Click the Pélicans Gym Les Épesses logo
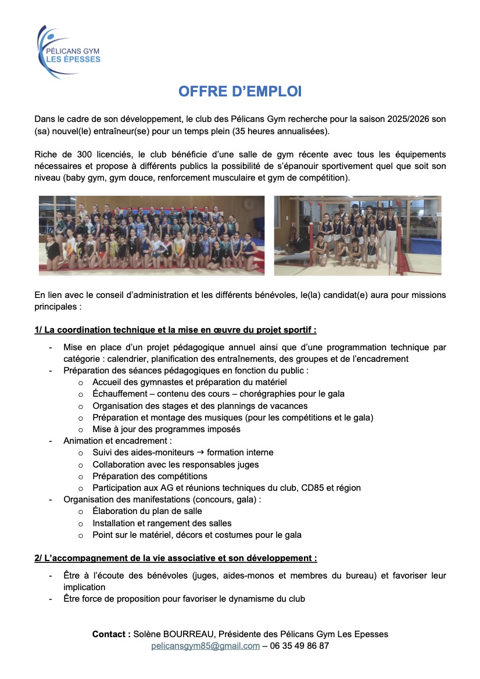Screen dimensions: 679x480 click(68, 52)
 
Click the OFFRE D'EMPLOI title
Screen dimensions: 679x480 click(239, 92)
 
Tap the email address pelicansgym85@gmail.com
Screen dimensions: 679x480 click(205, 646)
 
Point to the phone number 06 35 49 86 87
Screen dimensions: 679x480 click(300, 646)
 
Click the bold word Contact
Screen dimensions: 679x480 click(111, 634)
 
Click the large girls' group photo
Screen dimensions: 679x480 click(151, 235)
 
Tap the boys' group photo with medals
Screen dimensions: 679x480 click(357, 235)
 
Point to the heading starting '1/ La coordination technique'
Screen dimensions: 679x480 click(175, 330)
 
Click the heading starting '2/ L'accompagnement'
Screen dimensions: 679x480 click(175, 558)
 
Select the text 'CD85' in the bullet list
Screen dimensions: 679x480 click(312, 488)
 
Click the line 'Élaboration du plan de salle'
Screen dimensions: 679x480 click(147, 511)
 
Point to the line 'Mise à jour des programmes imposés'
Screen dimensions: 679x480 click(166, 429)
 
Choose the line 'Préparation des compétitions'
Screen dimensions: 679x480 click(150, 476)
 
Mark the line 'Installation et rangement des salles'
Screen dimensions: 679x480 click(162, 523)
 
